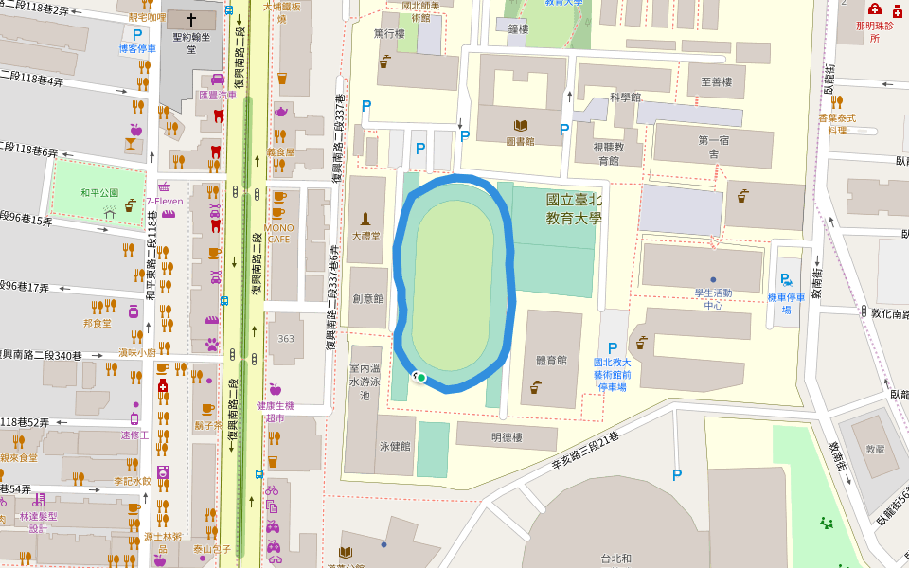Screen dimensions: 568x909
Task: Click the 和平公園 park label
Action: (x=99, y=193)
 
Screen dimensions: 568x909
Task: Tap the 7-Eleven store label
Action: (x=164, y=201)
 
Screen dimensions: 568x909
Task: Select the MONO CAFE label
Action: (x=279, y=233)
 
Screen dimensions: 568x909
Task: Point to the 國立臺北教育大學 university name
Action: (x=574, y=208)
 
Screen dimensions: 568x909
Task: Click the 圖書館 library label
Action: (x=520, y=141)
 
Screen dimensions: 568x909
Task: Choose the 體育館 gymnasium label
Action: (x=550, y=361)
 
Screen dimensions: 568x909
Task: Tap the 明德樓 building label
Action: (x=507, y=437)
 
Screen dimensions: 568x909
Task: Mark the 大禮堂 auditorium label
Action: (x=365, y=236)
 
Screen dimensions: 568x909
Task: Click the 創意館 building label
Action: (x=367, y=298)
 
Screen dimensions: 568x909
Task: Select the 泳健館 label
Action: (x=394, y=446)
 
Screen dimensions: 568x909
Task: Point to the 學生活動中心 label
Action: (x=713, y=299)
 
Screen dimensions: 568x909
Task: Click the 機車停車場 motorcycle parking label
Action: (x=786, y=303)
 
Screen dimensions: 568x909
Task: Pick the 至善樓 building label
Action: (x=717, y=82)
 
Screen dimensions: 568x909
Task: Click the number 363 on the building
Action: (x=286, y=339)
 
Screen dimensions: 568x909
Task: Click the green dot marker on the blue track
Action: (x=420, y=378)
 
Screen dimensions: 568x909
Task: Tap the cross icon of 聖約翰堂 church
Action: (x=192, y=19)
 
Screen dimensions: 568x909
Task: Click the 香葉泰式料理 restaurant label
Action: (x=837, y=124)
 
